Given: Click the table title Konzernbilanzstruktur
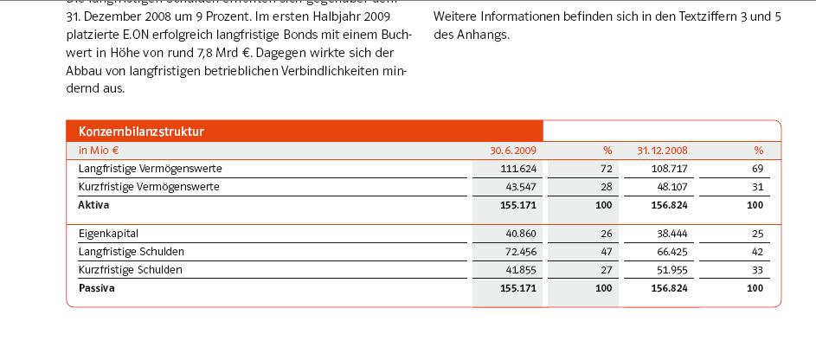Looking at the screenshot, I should pos(140,132).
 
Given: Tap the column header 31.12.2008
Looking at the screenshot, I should pos(662,151).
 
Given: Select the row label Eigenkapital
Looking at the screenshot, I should pos(108,234).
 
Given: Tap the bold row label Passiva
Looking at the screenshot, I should pos(96,288).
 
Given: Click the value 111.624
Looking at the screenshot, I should pos(519,168).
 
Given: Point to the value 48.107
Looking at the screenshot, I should pos(669,187).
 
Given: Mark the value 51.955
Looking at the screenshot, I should pos(670,270).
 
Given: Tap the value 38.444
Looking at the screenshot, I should pos(670,234).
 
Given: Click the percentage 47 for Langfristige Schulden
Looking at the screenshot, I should pos(607,252).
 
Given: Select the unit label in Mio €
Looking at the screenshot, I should pos(98,151).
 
